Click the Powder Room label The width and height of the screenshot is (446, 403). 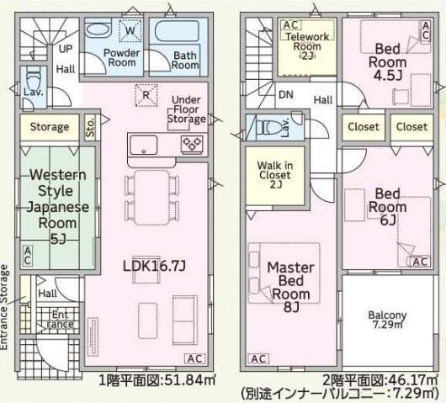[123, 57]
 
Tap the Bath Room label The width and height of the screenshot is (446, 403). [185, 61]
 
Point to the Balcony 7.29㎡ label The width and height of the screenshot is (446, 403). [387, 321]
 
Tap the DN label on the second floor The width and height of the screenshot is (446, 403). [285, 95]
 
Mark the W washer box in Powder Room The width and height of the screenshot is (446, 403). [130, 32]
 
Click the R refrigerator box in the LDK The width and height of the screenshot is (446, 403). [147, 94]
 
